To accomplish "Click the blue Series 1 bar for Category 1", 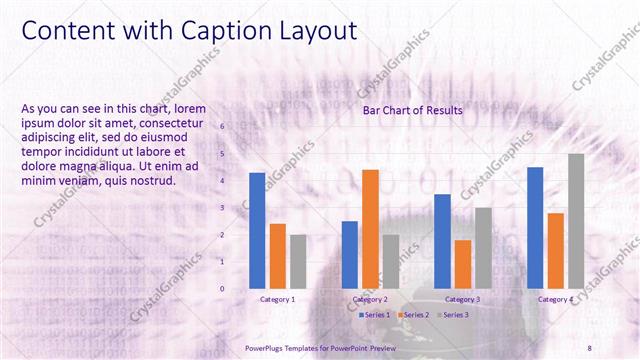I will pos(257,231).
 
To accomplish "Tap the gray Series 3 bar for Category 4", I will pos(576,221).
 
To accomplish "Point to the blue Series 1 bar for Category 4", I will pos(535,228).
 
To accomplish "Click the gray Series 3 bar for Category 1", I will pos(298,262).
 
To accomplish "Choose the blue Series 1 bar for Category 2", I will pos(349,255).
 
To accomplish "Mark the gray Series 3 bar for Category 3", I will pos(483,248).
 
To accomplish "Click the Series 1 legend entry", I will pos(375,314).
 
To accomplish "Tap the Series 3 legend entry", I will pos(454,314).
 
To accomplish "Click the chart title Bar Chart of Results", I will pos(412,111).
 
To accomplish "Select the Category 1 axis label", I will pos(277,299).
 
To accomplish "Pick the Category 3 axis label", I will pos(462,299).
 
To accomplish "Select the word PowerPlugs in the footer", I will pos(267,347).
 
